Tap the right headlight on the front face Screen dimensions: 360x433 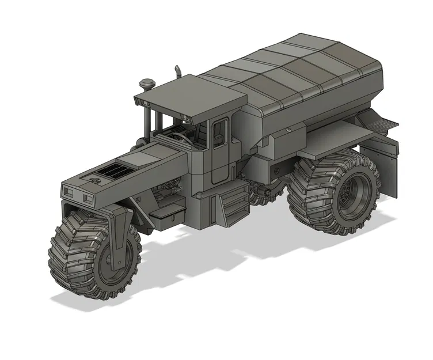click(88, 199)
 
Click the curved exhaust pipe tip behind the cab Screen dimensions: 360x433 click(178, 71)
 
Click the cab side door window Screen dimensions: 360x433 click(219, 135)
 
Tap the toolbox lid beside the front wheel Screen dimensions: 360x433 click(166, 213)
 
